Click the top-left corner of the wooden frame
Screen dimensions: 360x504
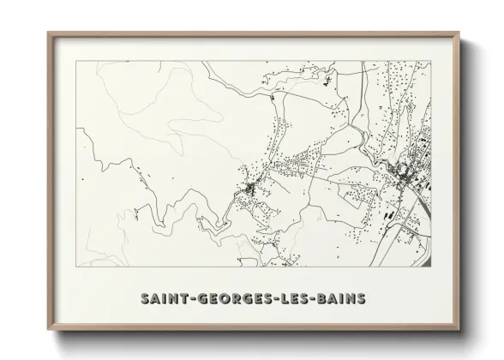48,33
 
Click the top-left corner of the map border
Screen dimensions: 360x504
76,61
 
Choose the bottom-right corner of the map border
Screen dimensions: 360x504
431,266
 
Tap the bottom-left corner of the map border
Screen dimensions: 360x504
76,266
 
